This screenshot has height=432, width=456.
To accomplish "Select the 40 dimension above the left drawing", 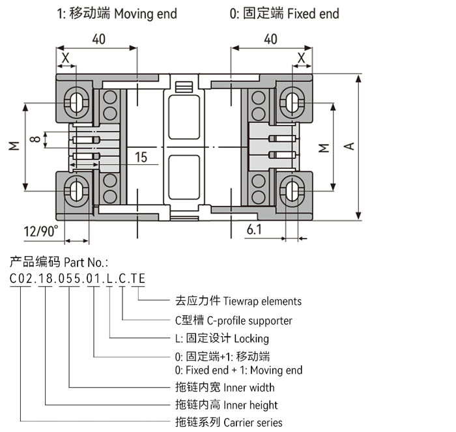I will pos(98,39).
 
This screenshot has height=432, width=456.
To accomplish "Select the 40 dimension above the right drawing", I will pos(270,39).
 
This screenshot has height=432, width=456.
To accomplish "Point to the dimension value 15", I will pos(141,157).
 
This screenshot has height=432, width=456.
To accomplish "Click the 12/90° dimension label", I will pos(40,231).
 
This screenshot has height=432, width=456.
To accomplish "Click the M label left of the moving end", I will pos(14,147).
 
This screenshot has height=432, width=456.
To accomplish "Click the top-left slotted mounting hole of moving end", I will pos(76,101).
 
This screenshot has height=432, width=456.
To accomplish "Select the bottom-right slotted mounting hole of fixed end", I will pos(292,190).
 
